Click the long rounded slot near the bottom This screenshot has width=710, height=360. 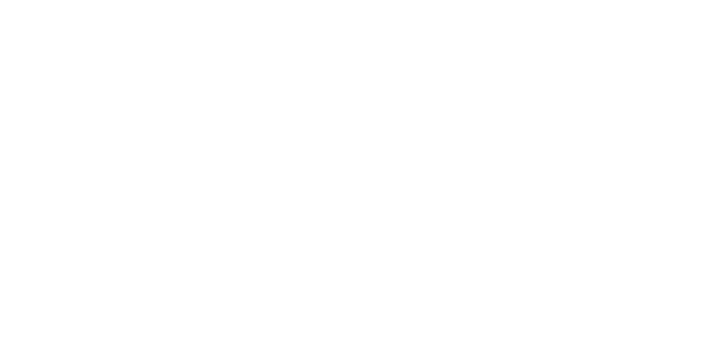210,304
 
